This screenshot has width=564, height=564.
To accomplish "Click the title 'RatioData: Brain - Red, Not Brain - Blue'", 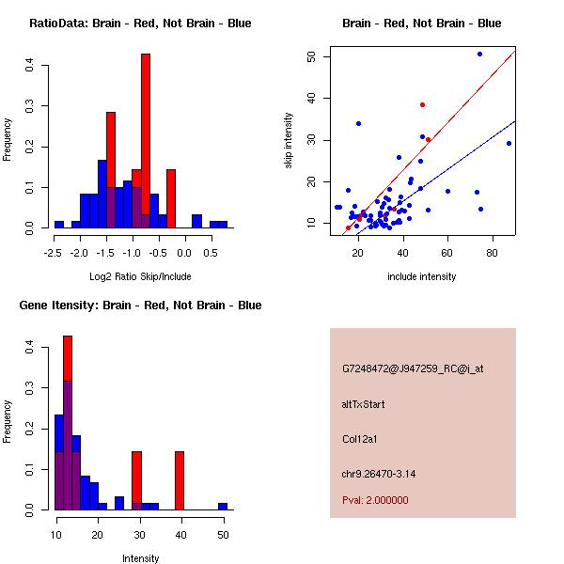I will [x=140, y=23].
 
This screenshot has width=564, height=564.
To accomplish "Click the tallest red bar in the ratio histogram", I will [x=146, y=141].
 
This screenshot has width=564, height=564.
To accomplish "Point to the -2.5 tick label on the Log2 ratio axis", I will [x=51, y=253].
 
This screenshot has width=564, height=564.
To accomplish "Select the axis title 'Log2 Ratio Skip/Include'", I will [x=140, y=276].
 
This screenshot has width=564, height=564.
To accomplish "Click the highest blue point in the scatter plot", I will [x=479, y=55].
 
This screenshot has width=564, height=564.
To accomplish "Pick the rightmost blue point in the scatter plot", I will [x=509, y=143].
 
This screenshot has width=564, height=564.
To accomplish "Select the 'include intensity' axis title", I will [x=422, y=276].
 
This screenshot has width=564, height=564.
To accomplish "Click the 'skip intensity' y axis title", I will [x=290, y=141].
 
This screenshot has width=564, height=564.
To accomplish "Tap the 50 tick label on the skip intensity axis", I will [x=311, y=56].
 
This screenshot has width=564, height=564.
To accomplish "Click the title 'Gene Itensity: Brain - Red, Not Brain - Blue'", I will [x=140, y=305].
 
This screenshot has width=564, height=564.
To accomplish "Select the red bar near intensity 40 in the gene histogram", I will [x=180, y=480].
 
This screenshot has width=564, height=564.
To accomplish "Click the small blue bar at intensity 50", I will [x=223, y=506].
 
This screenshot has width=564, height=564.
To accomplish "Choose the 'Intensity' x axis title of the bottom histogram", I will [x=140, y=558].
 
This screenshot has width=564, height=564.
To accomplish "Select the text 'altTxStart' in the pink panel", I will [x=364, y=404].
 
